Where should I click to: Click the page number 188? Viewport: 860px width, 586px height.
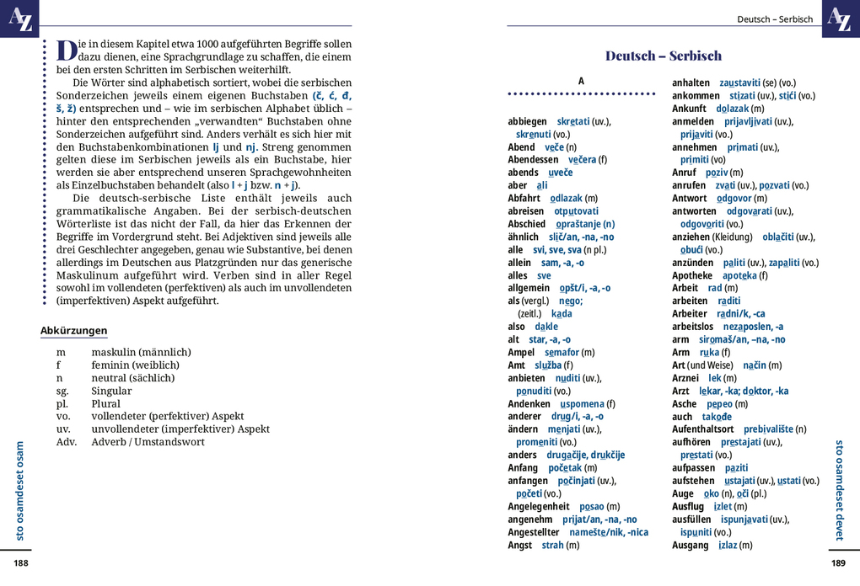tap(20, 563)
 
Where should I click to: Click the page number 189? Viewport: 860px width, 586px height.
tap(837, 563)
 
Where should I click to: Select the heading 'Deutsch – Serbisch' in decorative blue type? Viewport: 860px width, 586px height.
tap(664, 56)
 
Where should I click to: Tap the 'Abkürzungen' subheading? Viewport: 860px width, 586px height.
tap(74, 331)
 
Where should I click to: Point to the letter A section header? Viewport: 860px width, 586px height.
tap(581, 81)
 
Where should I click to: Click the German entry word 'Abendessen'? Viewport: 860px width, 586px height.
tap(533, 160)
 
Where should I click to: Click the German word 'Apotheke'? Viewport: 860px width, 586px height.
tap(692, 275)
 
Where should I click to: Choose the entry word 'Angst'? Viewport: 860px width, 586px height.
tap(519, 546)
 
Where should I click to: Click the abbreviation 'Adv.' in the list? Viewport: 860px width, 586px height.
tap(67, 442)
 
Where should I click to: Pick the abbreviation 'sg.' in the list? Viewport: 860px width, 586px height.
tap(62, 391)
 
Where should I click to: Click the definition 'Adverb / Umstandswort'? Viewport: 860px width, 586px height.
tap(148, 442)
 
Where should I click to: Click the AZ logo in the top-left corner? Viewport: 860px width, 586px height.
tap(19, 18)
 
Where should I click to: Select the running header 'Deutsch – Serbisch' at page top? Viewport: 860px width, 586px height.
tap(774, 19)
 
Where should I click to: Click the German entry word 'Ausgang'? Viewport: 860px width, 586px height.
tap(691, 546)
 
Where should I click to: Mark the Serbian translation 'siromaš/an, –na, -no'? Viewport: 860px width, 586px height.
tap(742, 339)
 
